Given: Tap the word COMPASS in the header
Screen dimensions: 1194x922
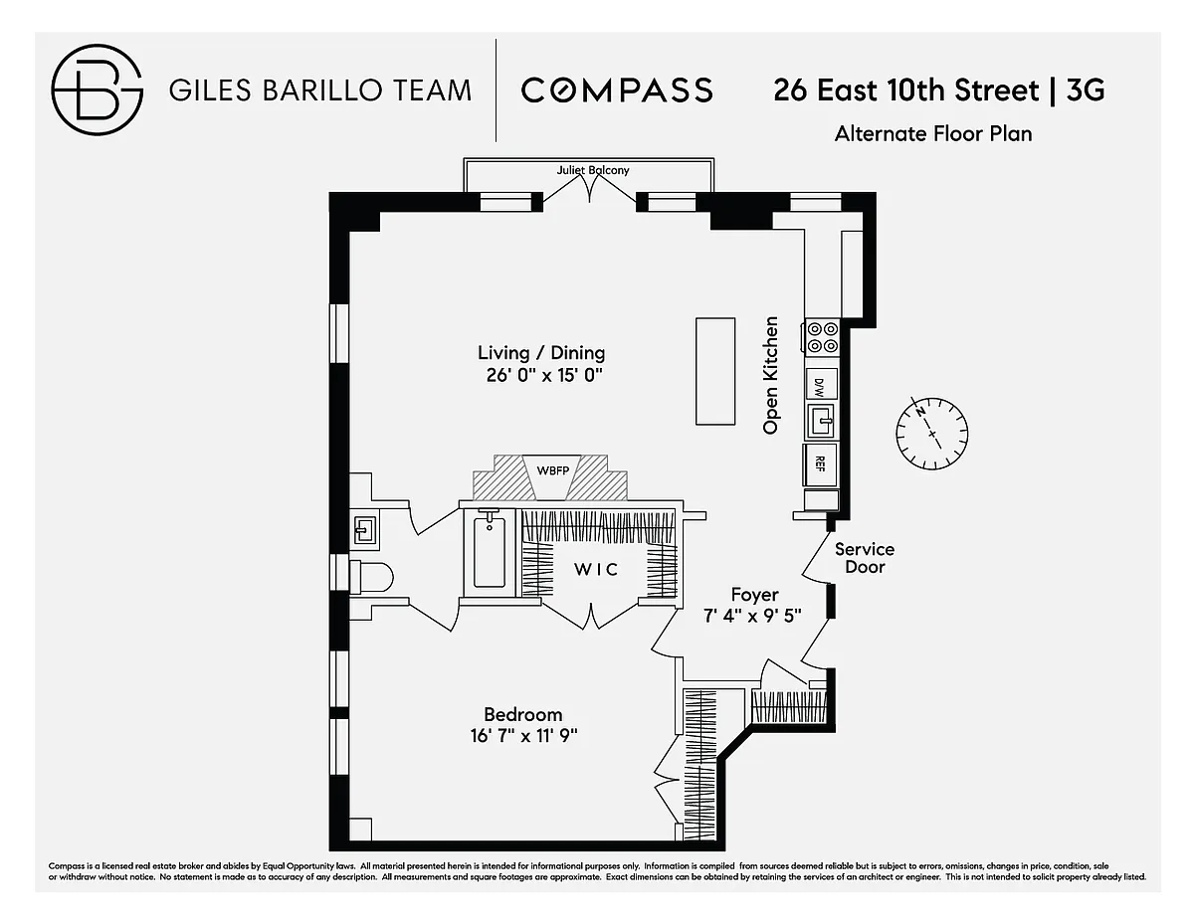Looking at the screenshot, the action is pos(617,91).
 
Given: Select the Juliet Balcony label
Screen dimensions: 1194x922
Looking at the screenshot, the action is pos(593,170).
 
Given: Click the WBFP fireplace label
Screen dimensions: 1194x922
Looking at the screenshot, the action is pos(553,470).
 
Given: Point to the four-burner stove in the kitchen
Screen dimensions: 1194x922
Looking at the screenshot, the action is pos(823,336).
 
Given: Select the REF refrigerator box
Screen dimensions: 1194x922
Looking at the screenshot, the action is pos(820,464).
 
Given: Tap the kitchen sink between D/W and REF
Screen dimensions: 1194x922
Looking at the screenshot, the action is pos(821,421).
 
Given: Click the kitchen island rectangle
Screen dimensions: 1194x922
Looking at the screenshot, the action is pos(715,371).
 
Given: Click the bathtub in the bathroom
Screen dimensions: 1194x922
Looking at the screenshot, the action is pos(489,552).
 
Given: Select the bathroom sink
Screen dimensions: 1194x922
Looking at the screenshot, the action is pos(365,530).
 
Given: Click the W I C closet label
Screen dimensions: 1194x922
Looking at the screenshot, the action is pos(597,570).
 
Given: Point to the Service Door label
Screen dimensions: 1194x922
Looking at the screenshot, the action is pos(865,558).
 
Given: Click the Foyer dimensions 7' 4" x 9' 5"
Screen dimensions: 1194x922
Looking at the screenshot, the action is pos(753,616).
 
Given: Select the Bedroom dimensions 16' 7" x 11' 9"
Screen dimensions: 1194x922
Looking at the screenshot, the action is pos(523,735).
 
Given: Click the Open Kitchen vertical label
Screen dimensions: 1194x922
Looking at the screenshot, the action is pos(771,376).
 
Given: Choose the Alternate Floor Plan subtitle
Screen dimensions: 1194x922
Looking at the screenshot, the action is pos(933,134).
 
